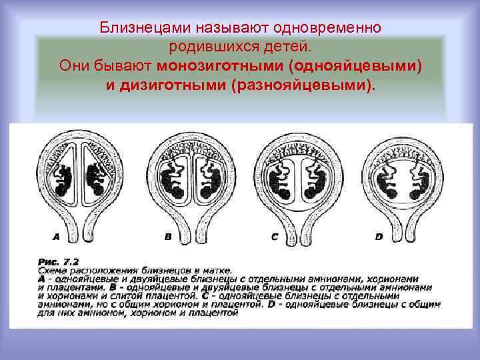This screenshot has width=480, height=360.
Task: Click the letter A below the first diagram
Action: [x=56, y=236]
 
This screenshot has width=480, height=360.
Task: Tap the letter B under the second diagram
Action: [x=167, y=236]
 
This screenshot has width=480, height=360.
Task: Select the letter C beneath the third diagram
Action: [x=274, y=236]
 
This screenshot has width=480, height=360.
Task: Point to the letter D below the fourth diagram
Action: [x=379, y=236]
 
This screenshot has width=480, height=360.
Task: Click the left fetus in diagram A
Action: [x=65, y=179]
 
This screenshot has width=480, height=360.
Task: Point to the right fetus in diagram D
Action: [x=418, y=180]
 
